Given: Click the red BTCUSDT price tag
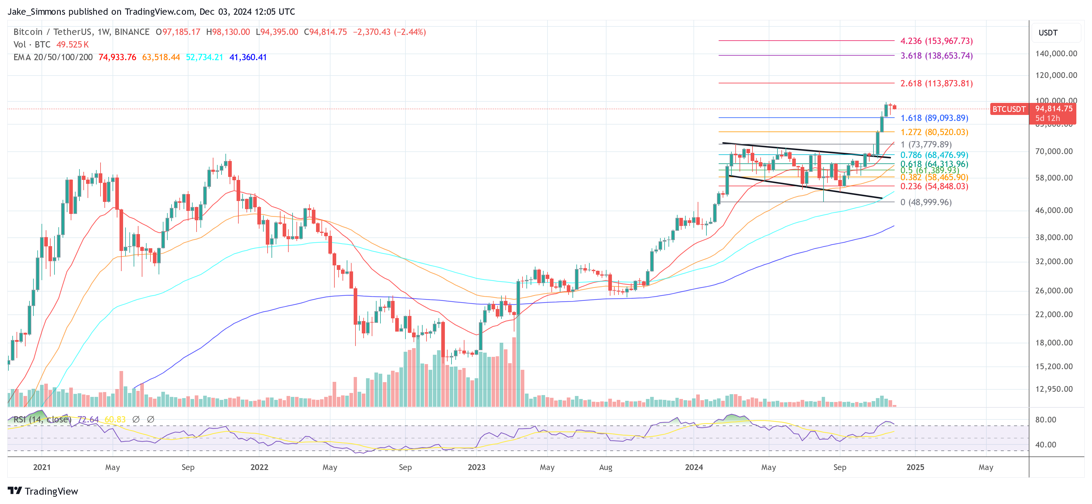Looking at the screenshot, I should [x=1009, y=109].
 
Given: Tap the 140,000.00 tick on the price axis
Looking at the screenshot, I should [x=1056, y=54].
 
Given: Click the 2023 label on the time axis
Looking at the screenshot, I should [x=476, y=467].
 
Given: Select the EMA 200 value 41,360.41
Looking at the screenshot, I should [x=248, y=57].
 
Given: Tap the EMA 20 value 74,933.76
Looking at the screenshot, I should [x=117, y=57].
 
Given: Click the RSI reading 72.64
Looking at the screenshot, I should [x=88, y=419].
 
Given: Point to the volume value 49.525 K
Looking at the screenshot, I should [x=73, y=45].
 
